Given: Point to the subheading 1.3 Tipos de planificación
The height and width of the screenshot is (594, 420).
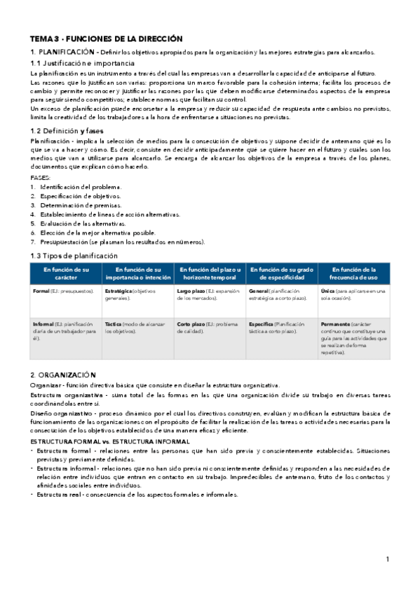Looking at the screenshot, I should click(x=74, y=256).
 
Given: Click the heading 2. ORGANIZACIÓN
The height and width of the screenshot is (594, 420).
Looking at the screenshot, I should click(x=63, y=375).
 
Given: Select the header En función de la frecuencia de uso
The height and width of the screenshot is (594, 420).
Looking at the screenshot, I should click(x=354, y=273).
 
